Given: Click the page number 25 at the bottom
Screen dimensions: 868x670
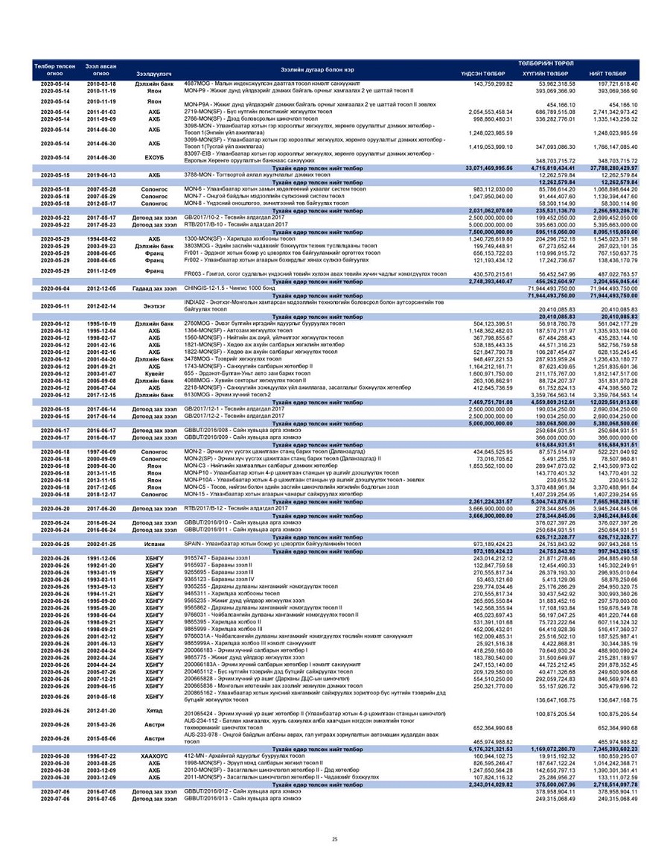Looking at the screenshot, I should click(x=334, y=840).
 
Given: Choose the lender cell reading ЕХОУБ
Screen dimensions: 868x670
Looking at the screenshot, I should click(x=153, y=159).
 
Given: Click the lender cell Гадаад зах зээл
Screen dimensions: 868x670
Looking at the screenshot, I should click(x=153, y=288).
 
